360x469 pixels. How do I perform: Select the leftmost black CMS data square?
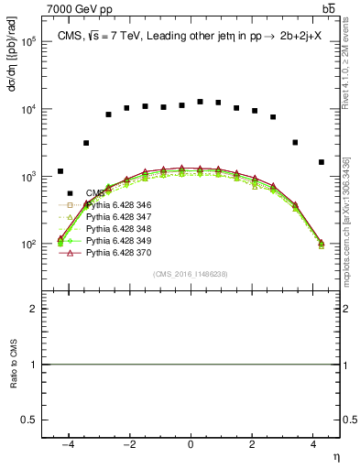[x=60, y=171]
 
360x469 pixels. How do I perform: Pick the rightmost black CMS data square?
[x=321, y=162]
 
